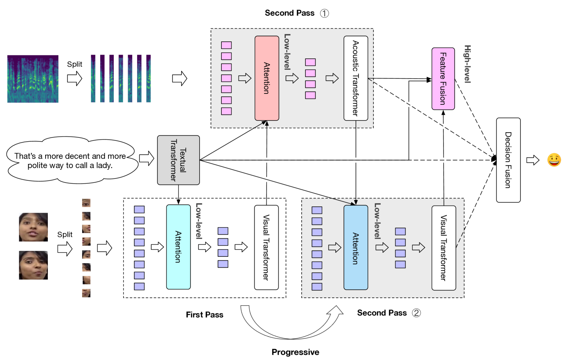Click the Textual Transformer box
(179, 160)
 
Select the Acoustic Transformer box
(355, 78)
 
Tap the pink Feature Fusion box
(443, 79)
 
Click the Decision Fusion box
(508, 160)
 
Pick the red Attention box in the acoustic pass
(267, 78)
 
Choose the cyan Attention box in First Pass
(178, 247)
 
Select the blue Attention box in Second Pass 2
(355, 247)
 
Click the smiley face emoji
(554, 160)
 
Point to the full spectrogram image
(33, 79)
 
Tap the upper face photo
(34, 227)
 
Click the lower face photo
(34, 265)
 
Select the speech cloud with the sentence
(72, 160)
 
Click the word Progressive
(295, 352)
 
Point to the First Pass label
(204, 314)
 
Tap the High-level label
(467, 64)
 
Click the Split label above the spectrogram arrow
(75, 64)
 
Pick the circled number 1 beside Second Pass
(324, 13)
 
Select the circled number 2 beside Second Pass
(416, 313)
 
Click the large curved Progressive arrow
(291, 323)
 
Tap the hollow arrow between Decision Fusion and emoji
(533, 160)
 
